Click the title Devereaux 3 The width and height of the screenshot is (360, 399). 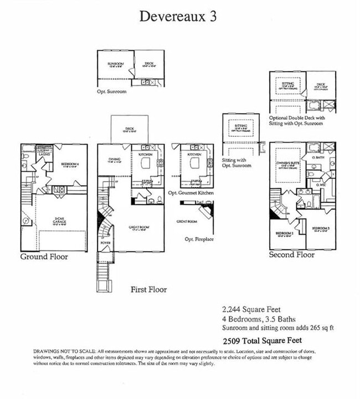click(178, 16)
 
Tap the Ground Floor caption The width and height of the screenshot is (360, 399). click(44, 257)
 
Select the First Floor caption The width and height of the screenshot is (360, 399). click(148, 289)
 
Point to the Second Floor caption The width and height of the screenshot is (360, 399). click(291, 255)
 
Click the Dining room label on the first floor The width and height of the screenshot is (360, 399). click(115, 160)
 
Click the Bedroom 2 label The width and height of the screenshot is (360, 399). click(284, 233)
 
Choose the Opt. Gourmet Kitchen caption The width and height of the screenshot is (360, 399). click(191, 193)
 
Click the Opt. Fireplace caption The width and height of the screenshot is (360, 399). click(199, 239)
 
